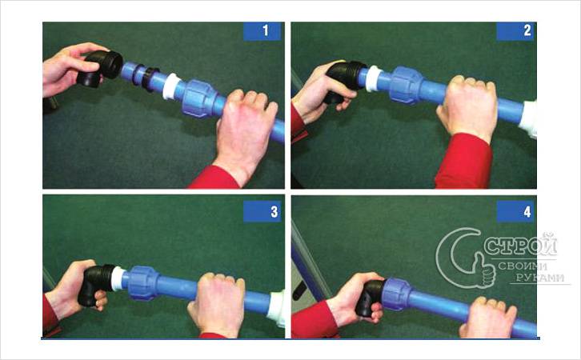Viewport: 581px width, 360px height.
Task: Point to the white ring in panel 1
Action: point(170,86)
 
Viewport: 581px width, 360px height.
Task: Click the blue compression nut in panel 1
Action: point(198,98)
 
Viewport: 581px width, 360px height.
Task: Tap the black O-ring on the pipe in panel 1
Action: point(138,75)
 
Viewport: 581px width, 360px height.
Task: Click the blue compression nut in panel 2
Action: point(407,85)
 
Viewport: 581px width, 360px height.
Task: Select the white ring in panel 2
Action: point(372,78)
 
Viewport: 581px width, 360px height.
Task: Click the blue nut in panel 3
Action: point(144,282)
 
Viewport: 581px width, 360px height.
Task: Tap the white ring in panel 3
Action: point(118,278)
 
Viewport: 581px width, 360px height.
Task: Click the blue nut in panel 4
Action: point(396,294)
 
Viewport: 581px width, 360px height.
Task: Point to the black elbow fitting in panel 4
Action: point(371,296)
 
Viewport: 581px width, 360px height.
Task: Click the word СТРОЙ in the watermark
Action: point(521,245)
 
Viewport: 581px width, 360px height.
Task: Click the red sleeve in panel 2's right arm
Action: point(464,162)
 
